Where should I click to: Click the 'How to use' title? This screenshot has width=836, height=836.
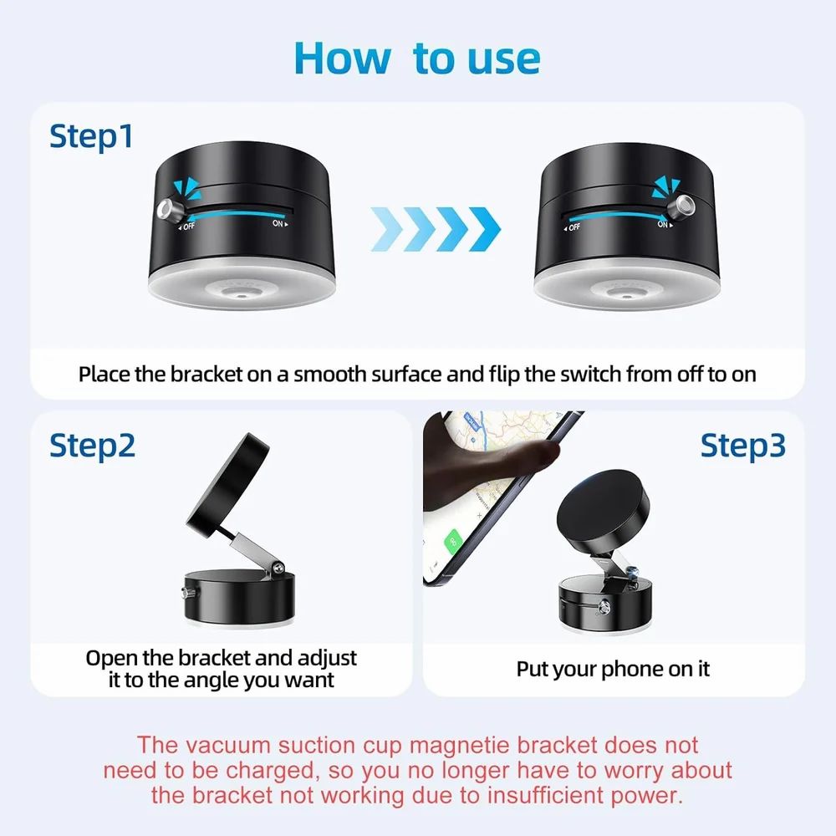(x=417, y=57)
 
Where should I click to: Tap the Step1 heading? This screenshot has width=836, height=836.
(x=91, y=136)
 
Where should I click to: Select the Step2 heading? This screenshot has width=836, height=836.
(x=92, y=446)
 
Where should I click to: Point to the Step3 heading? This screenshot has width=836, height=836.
(x=742, y=446)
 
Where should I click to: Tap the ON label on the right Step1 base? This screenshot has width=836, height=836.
(x=662, y=224)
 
